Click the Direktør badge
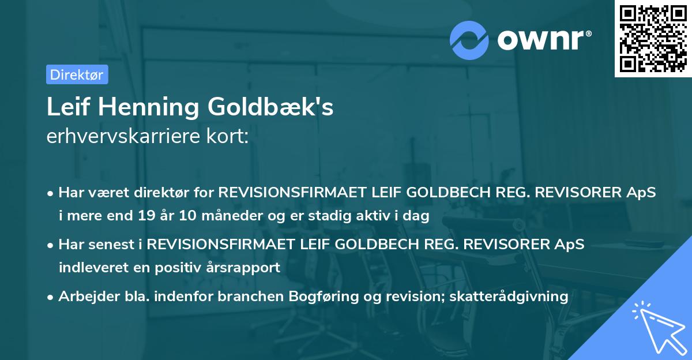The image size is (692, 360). pos(76,74)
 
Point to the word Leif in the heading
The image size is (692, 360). pos(66,107)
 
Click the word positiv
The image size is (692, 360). pos(176,267)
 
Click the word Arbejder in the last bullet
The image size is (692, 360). pos(84,297)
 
